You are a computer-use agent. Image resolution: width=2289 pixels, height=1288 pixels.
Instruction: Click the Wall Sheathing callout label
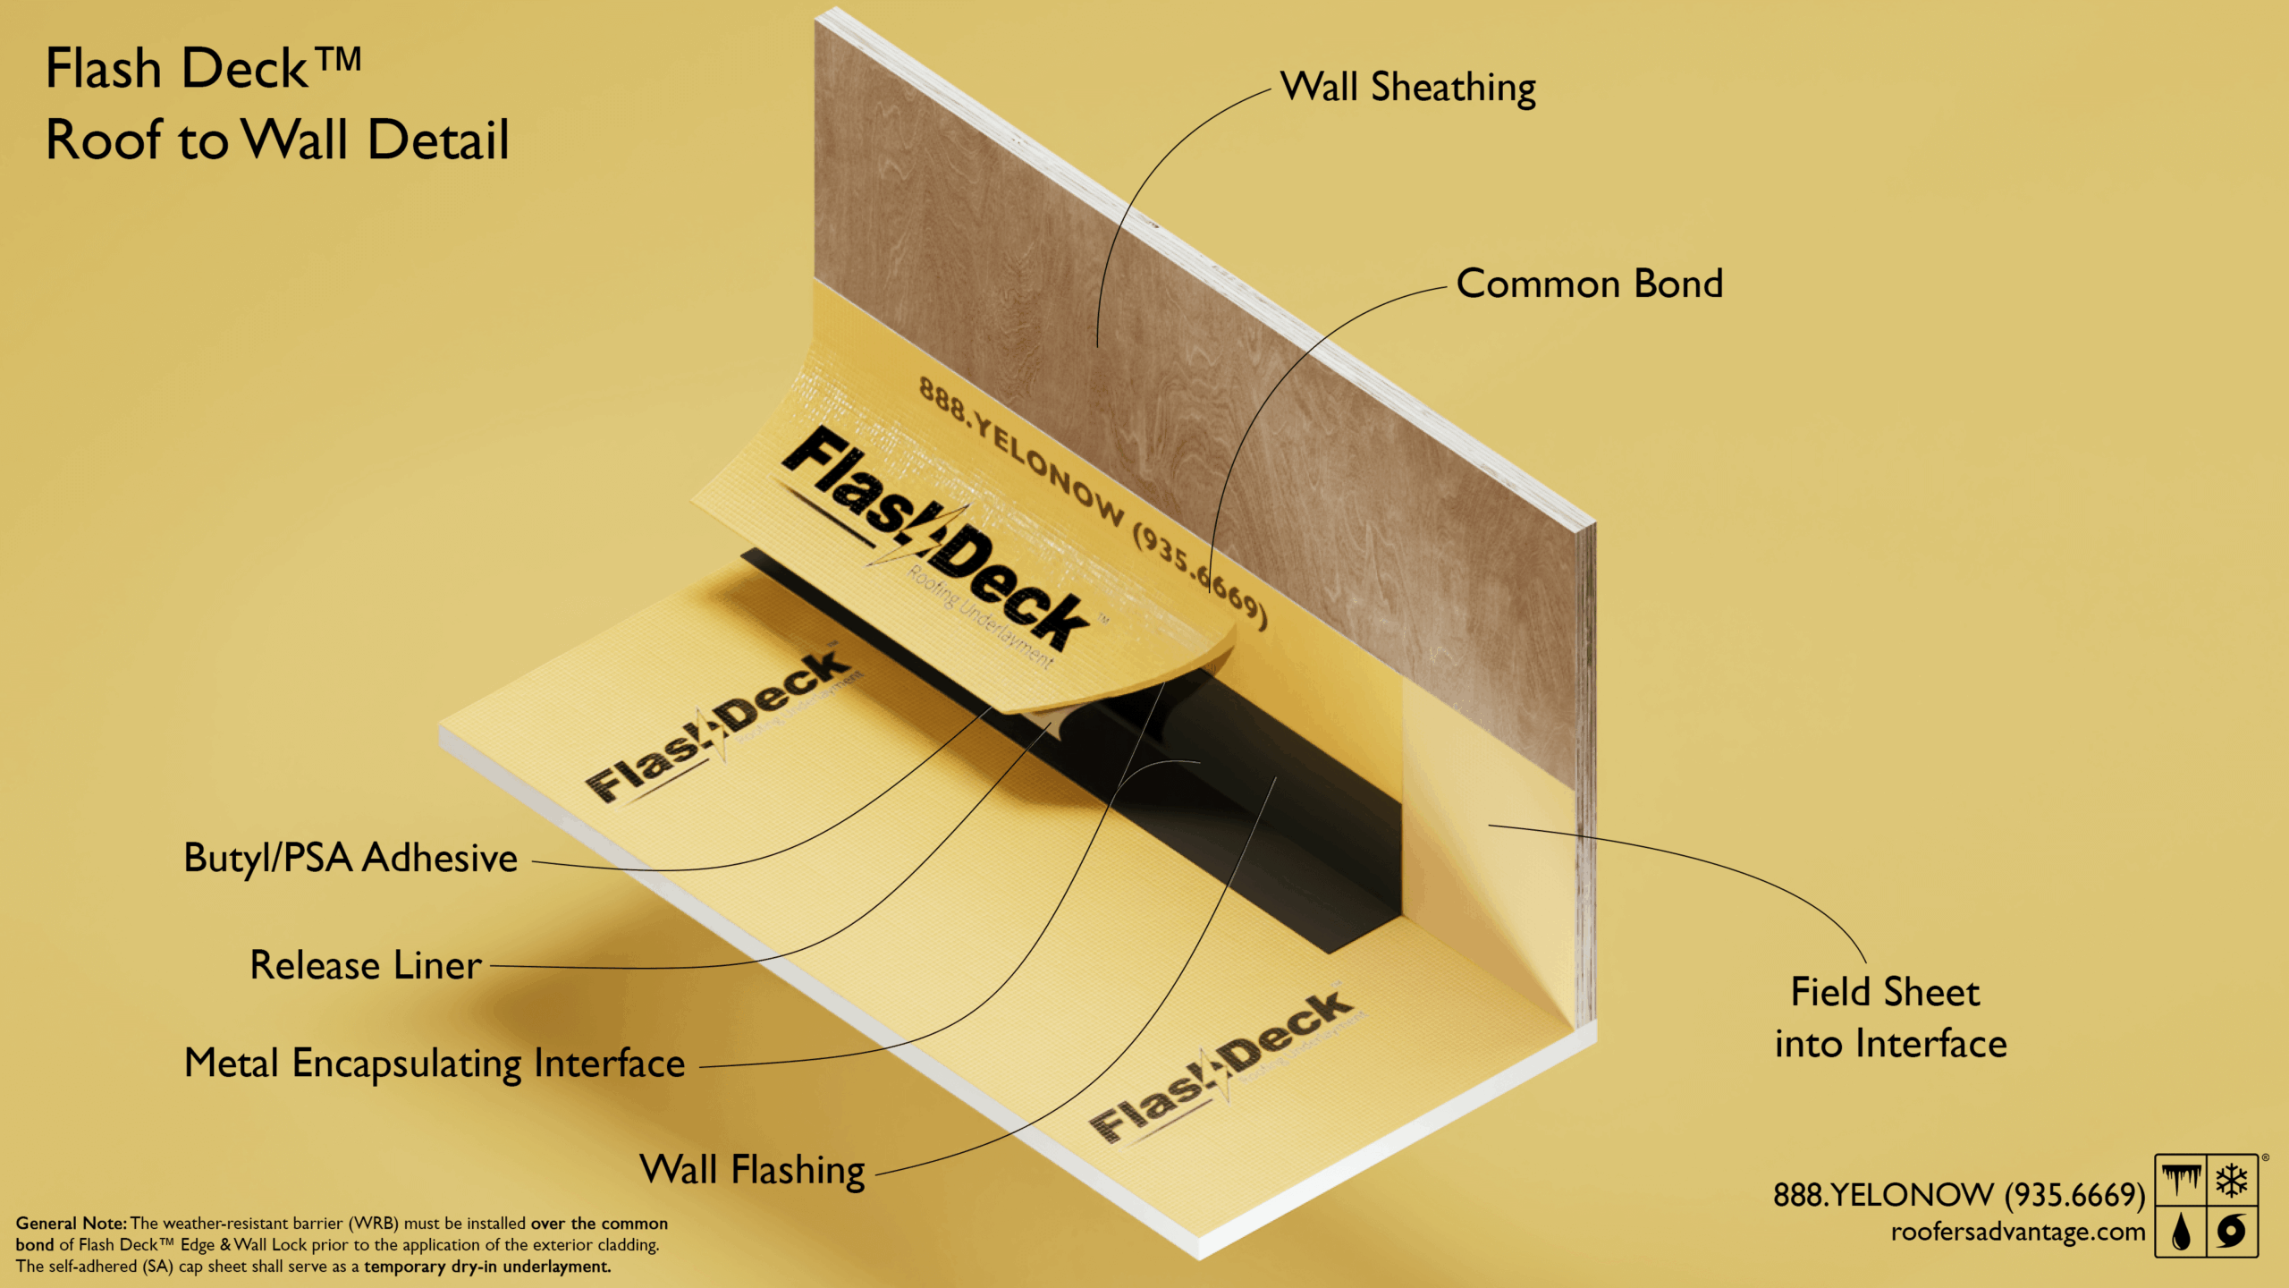(1407, 89)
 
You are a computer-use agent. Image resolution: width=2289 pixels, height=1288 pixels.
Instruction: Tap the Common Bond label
(1589, 284)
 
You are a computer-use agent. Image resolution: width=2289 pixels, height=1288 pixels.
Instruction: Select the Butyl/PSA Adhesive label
(351, 858)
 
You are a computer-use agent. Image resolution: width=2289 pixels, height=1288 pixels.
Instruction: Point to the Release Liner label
(366, 966)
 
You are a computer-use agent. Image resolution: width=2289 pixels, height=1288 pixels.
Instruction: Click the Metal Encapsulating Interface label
(435, 1063)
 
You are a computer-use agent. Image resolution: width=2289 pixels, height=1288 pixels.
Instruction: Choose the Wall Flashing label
(752, 1170)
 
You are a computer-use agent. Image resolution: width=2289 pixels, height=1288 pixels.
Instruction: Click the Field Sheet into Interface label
(1890, 1018)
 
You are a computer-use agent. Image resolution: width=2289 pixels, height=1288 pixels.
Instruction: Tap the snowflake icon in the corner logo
(2232, 1181)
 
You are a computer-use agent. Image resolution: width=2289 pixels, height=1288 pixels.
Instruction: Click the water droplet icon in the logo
(2181, 1232)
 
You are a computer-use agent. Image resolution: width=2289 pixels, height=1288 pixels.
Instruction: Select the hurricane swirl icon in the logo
(2232, 1232)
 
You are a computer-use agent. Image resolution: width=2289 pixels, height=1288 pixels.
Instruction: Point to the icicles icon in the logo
(2181, 1181)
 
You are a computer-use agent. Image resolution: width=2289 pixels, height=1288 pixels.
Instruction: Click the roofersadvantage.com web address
(2018, 1233)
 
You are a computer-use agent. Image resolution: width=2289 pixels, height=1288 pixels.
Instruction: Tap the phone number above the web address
(1958, 1195)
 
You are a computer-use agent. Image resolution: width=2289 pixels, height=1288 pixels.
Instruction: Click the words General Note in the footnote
(72, 1224)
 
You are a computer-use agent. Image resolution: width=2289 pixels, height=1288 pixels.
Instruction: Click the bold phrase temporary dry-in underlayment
(487, 1267)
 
